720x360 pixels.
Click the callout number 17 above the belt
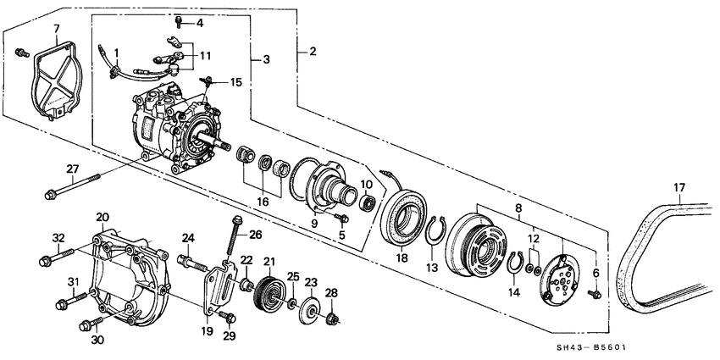pyautogui.click(x=679, y=186)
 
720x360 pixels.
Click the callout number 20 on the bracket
pyautogui.click(x=102, y=217)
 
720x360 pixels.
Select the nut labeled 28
pyautogui.click(x=332, y=319)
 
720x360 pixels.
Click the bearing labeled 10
pyautogui.click(x=368, y=202)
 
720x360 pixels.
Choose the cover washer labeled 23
pyautogui.click(x=309, y=306)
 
